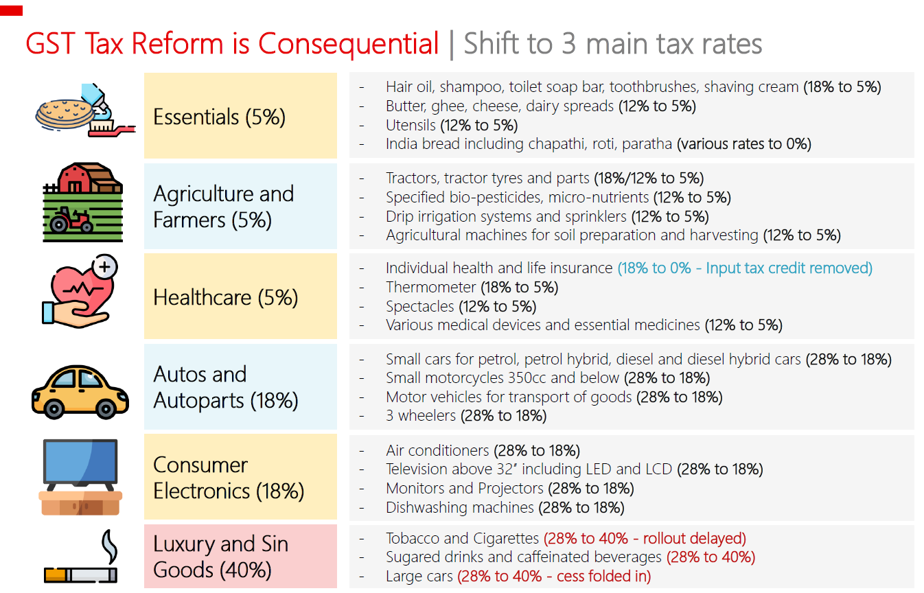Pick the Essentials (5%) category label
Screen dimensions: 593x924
(x=219, y=117)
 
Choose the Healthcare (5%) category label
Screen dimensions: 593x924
(x=225, y=297)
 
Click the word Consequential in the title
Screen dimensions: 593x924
(x=348, y=44)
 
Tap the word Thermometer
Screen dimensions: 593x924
(x=430, y=287)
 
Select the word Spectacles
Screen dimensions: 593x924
(x=419, y=306)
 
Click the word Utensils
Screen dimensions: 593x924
(x=411, y=125)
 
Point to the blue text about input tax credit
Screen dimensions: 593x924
(x=745, y=268)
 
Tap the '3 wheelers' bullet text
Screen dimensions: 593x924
(x=420, y=415)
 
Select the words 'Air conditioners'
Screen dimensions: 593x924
(x=437, y=451)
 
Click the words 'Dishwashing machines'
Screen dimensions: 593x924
(x=459, y=508)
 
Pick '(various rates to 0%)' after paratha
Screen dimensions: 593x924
(x=744, y=144)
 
